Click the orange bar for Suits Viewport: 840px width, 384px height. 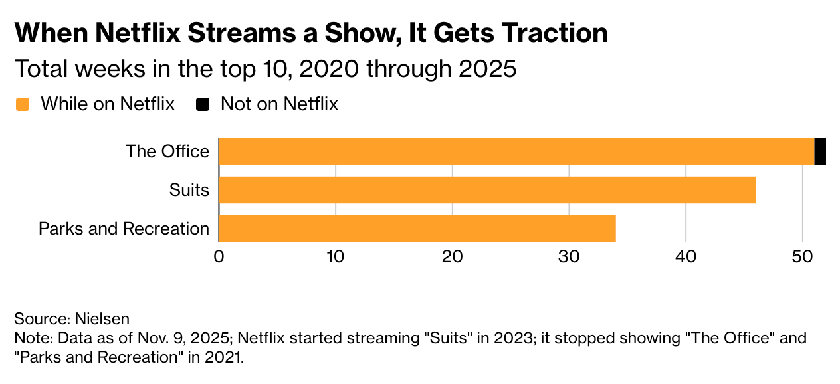point(487,190)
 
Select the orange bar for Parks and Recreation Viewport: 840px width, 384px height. point(417,229)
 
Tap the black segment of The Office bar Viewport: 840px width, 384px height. point(820,151)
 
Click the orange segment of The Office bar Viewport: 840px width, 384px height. point(516,151)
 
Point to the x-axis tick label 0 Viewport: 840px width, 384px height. point(219,256)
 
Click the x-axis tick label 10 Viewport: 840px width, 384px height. point(335,256)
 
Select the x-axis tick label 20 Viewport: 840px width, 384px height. point(452,256)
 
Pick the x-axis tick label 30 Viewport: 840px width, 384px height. point(569,256)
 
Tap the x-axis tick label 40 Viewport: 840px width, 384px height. point(686,256)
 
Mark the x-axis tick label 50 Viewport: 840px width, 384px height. point(803,256)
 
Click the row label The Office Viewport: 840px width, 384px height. point(167,151)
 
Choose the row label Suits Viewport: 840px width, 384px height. point(189,191)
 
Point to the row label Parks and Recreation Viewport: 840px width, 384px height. point(124,229)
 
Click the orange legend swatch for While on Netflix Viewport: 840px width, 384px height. point(23,104)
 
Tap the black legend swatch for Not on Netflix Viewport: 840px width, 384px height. point(203,104)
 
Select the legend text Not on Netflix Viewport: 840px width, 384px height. point(279,104)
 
